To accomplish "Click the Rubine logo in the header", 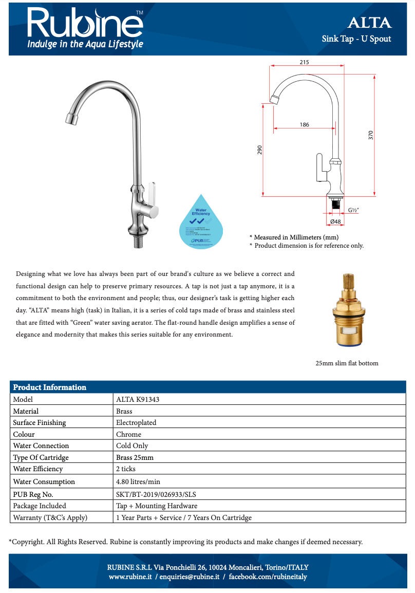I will (x=85, y=23).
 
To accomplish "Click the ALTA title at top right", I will (x=369, y=23).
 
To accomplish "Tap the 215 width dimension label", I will (x=304, y=62).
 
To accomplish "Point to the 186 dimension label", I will (x=304, y=124).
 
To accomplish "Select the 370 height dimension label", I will (x=370, y=135).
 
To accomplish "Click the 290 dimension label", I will (x=260, y=150).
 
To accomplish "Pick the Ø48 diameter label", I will (x=335, y=221).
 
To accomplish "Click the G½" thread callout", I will (x=353, y=210).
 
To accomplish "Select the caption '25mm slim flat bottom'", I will (x=347, y=363).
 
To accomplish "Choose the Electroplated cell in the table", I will (x=136, y=422).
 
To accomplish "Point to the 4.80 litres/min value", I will (x=138, y=481).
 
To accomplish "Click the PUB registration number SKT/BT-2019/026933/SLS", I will (x=156, y=494).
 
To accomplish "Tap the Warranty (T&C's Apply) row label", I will (x=50, y=517).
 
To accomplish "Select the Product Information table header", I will (x=49, y=387).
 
